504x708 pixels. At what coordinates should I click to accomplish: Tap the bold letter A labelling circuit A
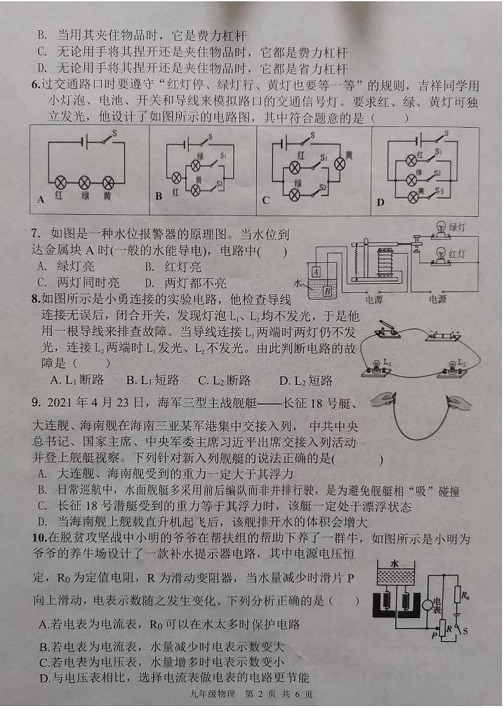[x=41, y=199]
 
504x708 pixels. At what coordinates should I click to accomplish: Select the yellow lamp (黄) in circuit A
[x=107, y=181]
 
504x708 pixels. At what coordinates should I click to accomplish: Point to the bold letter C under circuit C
[x=265, y=200]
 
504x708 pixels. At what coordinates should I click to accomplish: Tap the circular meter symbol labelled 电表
[x=427, y=603]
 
